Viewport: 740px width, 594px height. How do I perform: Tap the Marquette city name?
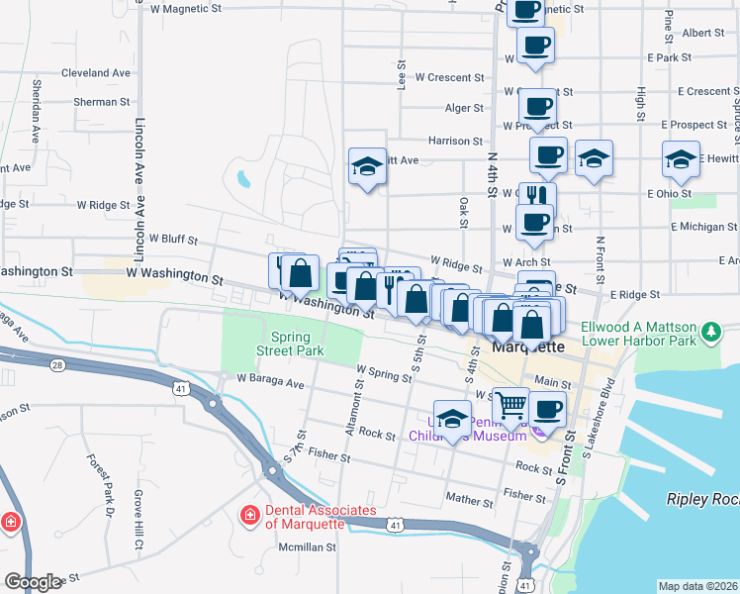click(528, 347)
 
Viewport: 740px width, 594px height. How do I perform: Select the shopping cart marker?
click(509, 404)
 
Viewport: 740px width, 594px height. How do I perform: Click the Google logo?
click(33, 582)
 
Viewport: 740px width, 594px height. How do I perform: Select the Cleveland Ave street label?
click(95, 73)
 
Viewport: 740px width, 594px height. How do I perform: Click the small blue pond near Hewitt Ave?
click(243, 180)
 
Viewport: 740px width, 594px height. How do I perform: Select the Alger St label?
click(464, 108)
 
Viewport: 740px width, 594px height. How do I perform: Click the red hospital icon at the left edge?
click(10, 521)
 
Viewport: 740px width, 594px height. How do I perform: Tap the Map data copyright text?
click(696, 586)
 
